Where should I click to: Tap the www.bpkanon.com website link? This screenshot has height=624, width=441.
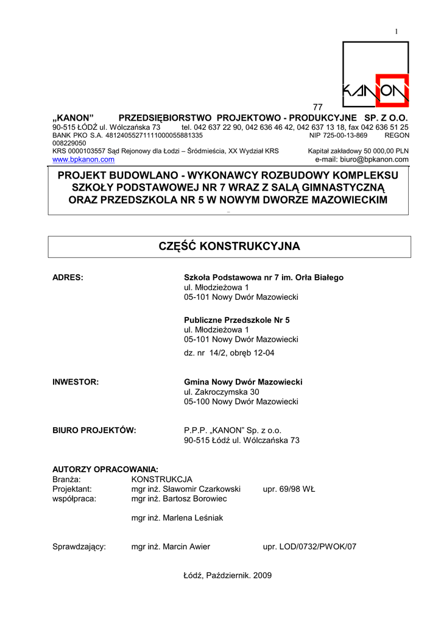83,160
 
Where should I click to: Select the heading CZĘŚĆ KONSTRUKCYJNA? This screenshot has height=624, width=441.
229,246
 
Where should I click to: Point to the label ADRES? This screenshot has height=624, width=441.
68,277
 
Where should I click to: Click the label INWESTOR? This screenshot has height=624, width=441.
76,382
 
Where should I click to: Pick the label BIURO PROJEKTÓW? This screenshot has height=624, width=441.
94,430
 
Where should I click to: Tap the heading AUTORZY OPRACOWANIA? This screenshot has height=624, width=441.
105,469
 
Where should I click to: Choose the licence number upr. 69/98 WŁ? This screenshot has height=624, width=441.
289,489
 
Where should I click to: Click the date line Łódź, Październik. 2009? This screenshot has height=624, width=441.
228,575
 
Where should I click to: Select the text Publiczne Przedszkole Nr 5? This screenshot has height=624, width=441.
237,320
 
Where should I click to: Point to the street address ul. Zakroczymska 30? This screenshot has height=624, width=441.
222,392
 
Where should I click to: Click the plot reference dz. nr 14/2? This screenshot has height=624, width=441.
208,353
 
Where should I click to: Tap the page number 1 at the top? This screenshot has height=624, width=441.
396,31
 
